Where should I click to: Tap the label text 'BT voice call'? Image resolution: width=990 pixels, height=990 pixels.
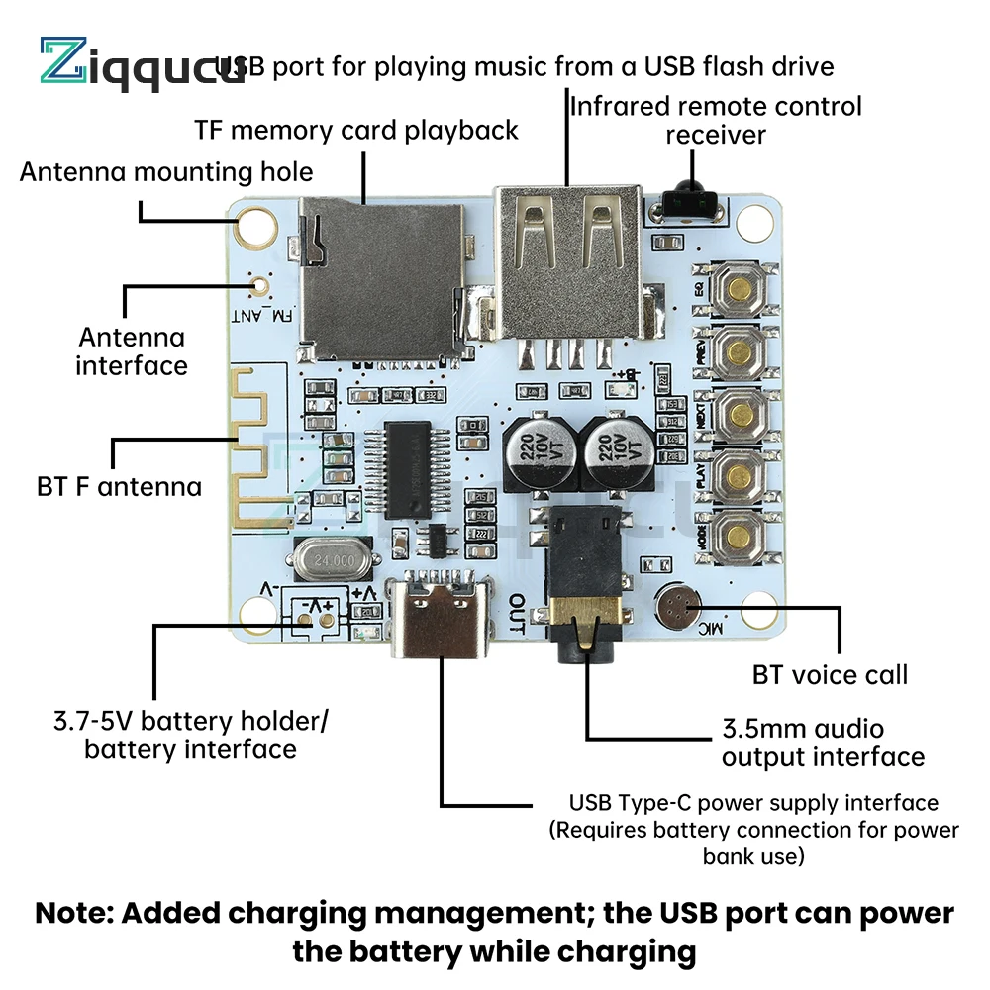click(830, 676)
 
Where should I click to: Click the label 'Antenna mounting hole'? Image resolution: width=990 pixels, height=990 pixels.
click(166, 171)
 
